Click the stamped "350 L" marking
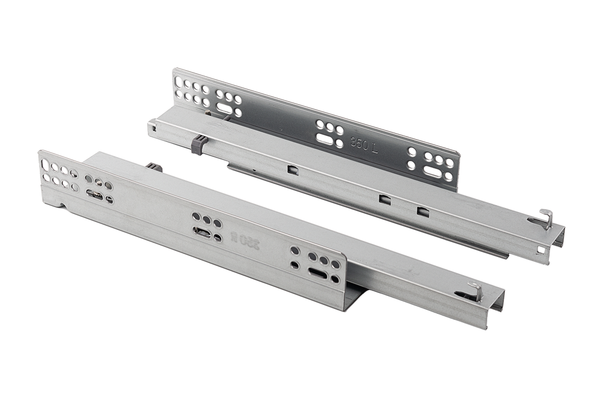tap(365, 146)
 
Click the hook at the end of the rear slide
tap(545, 219)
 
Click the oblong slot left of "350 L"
tap(325, 139)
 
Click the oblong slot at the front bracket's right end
tap(315, 272)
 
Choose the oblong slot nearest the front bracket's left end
tap(94, 194)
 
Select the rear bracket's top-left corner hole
tap(177, 76)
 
